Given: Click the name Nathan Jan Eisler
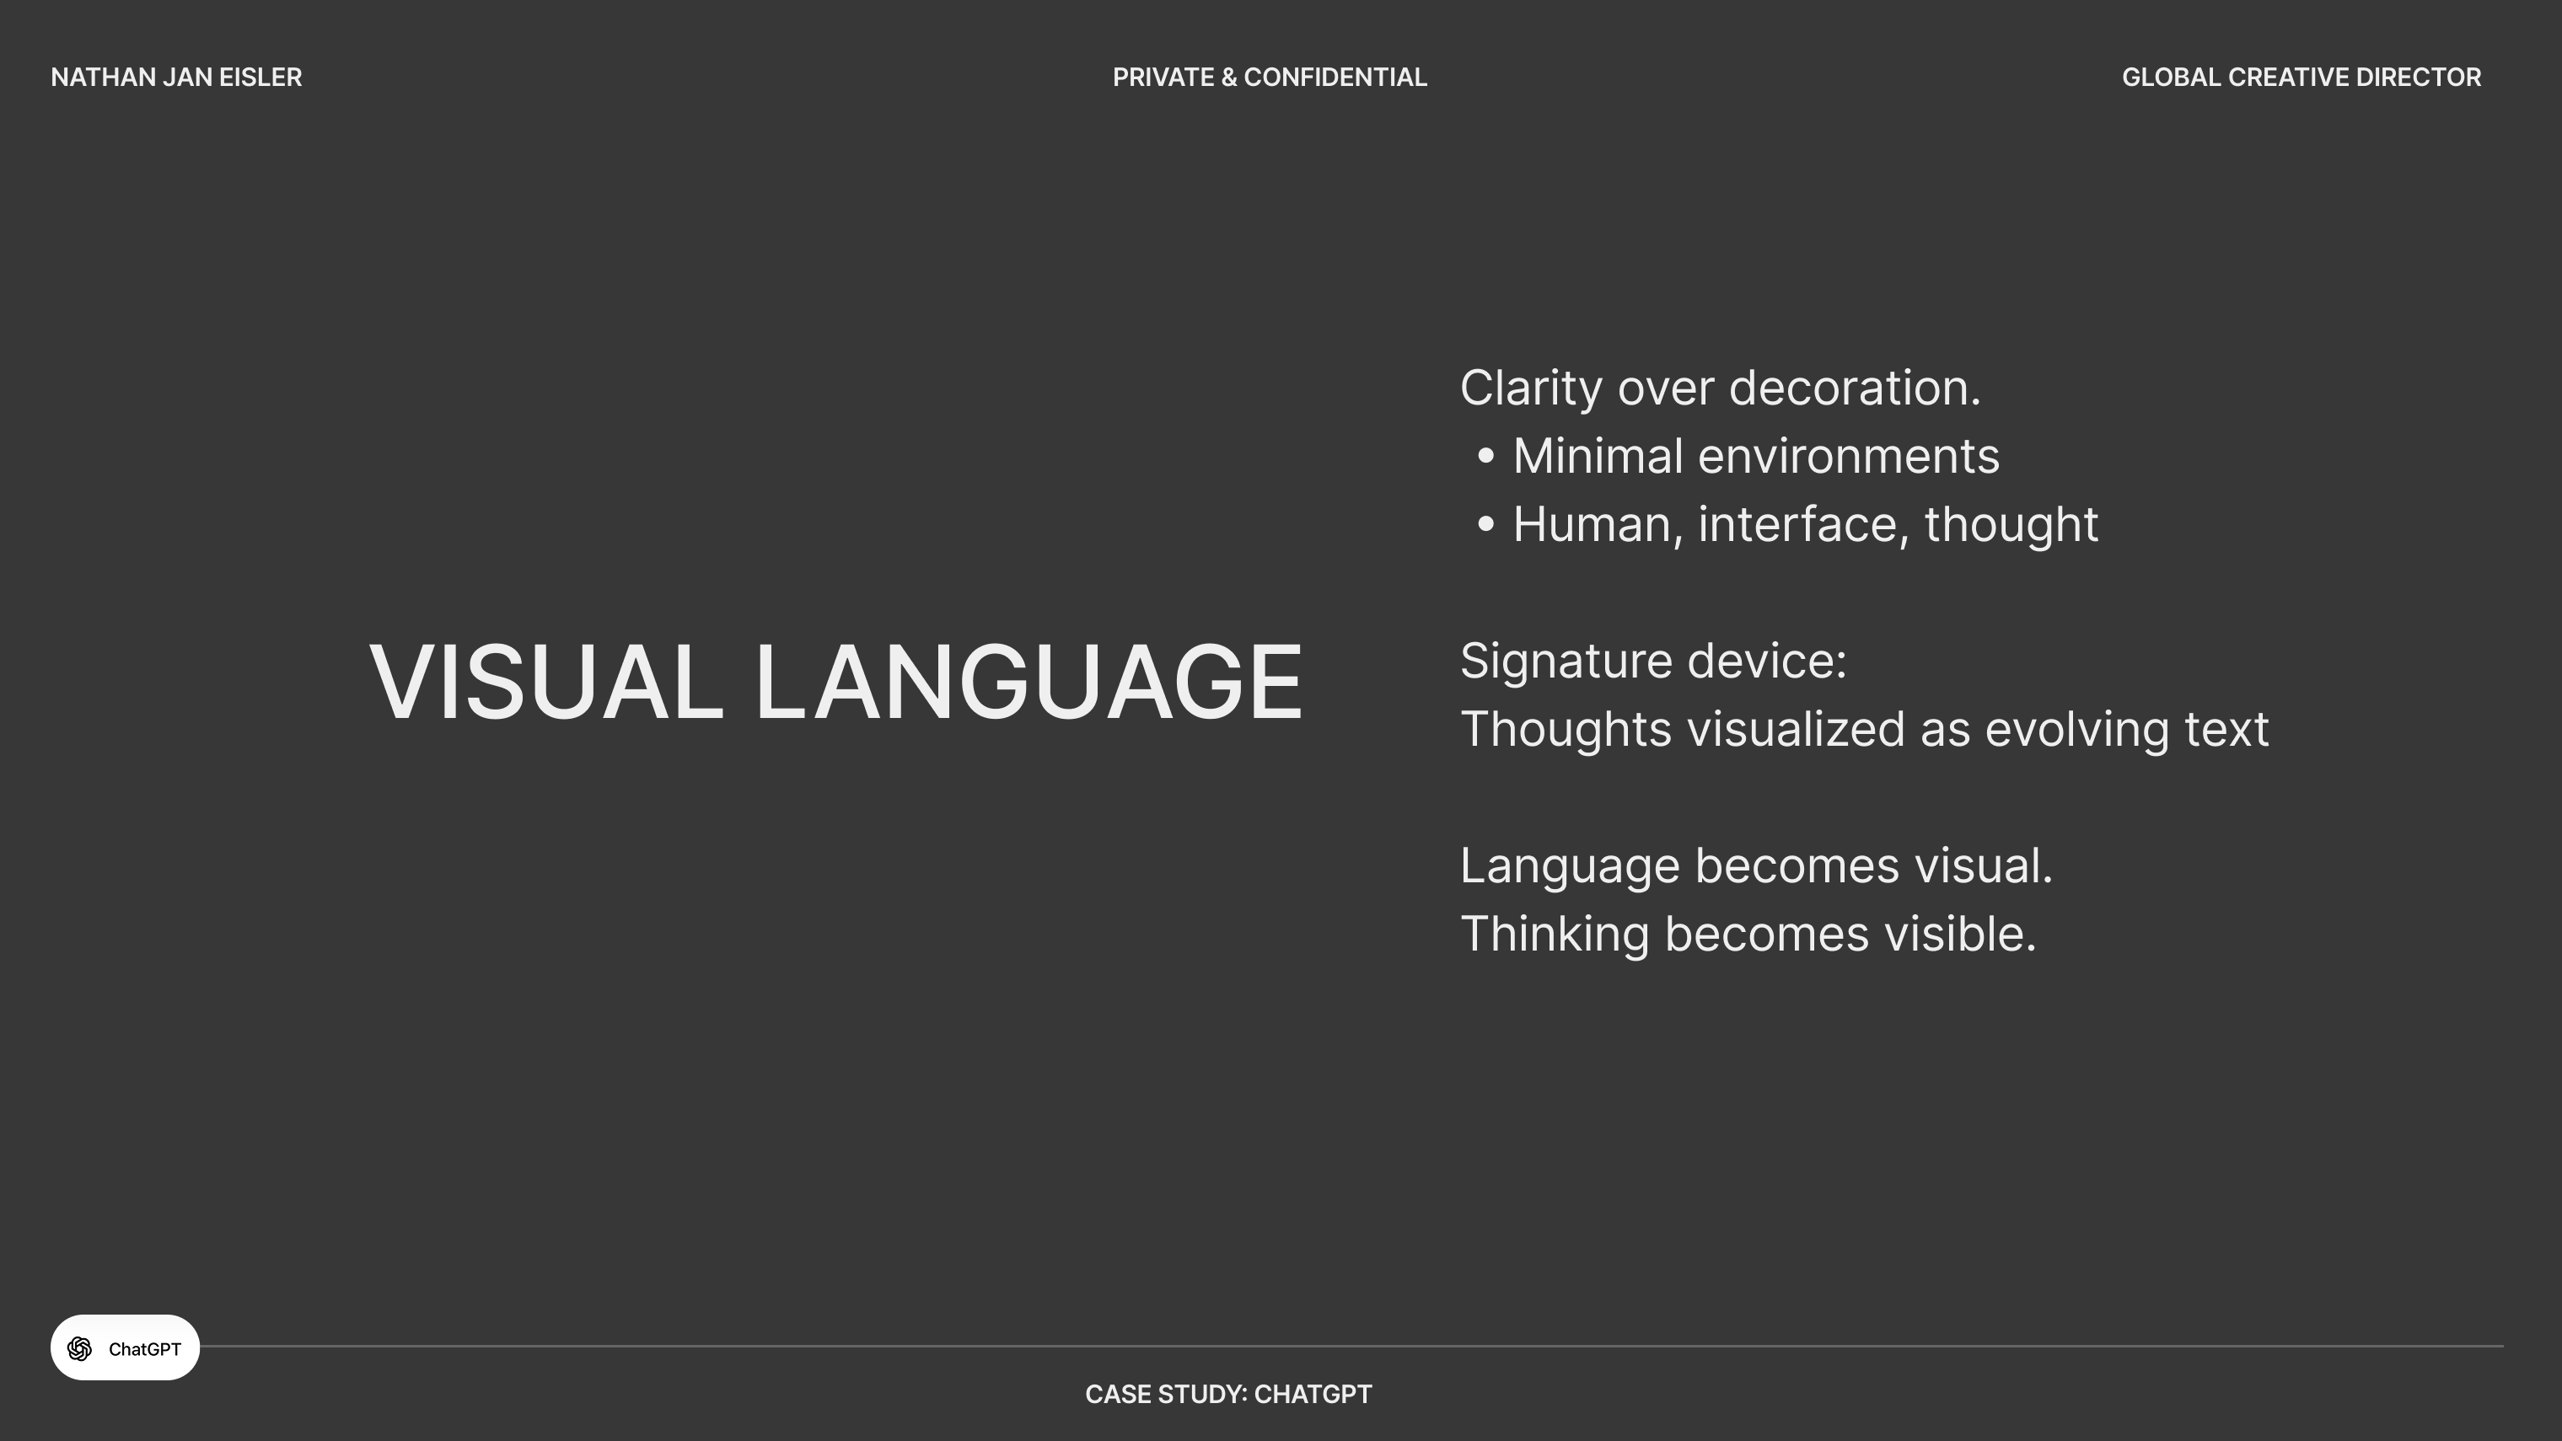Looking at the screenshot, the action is [x=176, y=78].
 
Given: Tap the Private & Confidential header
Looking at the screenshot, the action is [x=1269, y=78].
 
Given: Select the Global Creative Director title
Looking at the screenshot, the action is [x=2302, y=78].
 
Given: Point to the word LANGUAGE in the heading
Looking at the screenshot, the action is [x=1029, y=683].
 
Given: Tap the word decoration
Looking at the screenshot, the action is [x=1855, y=388].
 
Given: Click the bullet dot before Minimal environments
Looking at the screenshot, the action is [x=1486, y=457].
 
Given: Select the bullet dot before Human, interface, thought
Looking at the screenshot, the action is [x=1486, y=524].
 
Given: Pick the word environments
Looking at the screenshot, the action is [x=1848, y=457].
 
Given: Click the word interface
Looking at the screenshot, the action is [x=1803, y=524].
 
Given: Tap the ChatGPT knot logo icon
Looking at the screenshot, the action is [x=79, y=1348].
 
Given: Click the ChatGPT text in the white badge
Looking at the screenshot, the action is [x=144, y=1349].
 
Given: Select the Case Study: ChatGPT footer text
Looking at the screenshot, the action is [x=1228, y=1395].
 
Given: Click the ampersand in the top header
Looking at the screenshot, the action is [x=1229, y=78].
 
